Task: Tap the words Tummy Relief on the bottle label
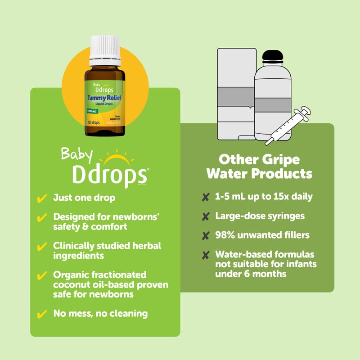click(104, 98)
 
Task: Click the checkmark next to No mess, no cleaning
click(42, 314)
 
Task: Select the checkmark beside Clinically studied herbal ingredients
click(42, 247)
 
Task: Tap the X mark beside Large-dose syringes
click(206, 216)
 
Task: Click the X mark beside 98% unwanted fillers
click(206, 236)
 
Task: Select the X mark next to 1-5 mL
click(206, 197)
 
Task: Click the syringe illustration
click(288, 126)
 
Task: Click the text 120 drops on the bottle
click(94, 122)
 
